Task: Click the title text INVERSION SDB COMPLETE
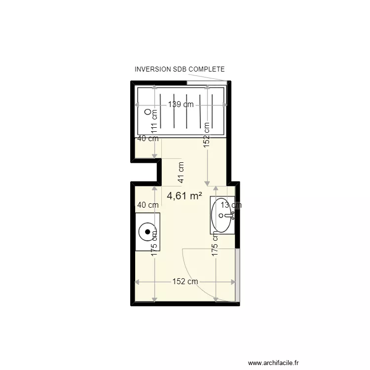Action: coord(180,70)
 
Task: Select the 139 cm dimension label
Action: coord(181,105)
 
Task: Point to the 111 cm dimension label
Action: coord(154,121)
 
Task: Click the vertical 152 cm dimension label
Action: coord(207,134)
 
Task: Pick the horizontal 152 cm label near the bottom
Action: coord(185,282)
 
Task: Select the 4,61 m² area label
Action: coord(185,196)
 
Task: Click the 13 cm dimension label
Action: coord(231,205)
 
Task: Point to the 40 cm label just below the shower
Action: coord(148,139)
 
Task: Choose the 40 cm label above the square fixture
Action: coord(148,205)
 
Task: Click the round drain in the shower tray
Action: coord(147,112)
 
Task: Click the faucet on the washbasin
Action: coord(228,215)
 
